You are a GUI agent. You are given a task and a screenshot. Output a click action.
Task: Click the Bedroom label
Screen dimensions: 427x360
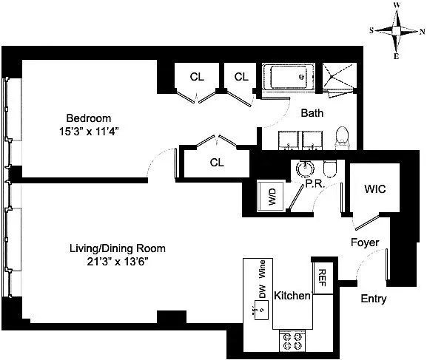pyautogui.click(x=89, y=118)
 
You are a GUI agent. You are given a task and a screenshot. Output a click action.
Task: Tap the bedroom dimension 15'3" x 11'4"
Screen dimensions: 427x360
pyautogui.click(x=89, y=132)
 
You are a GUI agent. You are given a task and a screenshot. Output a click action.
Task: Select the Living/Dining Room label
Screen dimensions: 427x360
pyautogui.click(x=118, y=248)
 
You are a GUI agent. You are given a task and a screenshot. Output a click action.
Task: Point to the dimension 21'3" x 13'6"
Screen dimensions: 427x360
pyautogui.click(x=118, y=262)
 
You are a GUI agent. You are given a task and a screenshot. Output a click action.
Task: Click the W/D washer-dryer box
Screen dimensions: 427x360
pyautogui.click(x=270, y=197)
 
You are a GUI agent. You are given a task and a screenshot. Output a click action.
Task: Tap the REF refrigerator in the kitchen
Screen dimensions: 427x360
pyautogui.click(x=323, y=278)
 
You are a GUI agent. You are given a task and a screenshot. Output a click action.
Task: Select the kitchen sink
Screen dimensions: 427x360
pyautogui.click(x=261, y=310)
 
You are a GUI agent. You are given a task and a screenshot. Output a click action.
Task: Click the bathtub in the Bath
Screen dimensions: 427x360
pyautogui.click(x=288, y=77)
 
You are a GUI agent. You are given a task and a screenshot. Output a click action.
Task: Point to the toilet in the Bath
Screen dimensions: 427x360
pyautogui.click(x=342, y=137)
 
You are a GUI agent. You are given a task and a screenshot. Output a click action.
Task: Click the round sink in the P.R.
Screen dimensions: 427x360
pyautogui.click(x=305, y=169)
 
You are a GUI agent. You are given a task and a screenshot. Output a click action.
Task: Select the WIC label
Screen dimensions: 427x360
pyautogui.click(x=375, y=189)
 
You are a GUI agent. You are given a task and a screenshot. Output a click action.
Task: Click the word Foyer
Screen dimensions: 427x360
pyautogui.click(x=365, y=242)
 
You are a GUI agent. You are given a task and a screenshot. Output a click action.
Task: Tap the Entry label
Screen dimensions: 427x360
pyautogui.click(x=374, y=299)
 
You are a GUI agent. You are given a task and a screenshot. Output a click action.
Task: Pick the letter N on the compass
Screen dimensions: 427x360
pyautogui.click(x=422, y=32)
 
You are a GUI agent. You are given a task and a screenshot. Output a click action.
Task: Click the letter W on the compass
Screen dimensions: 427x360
pyautogui.click(x=397, y=5)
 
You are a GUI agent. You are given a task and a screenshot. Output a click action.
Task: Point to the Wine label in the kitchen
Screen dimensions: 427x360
pyautogui.click(x=262, y=269)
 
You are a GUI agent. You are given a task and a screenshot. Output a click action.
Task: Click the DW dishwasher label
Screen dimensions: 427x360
pyautogui.click(x=262, y=291)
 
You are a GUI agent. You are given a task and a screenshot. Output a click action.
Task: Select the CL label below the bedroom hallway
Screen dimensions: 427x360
pyautogui.click(x=217, y=163)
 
